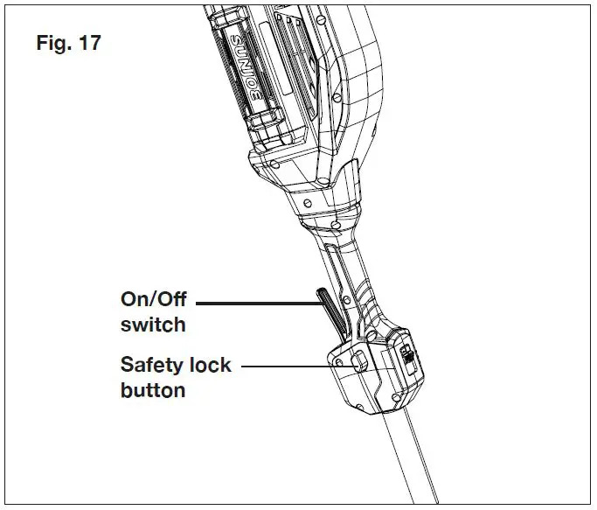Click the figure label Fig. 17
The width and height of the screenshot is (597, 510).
click(69, 42)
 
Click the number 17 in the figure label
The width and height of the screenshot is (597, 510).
click(88, 42)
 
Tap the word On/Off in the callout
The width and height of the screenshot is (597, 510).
click(154, 299)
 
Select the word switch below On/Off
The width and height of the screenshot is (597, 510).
click(153, 325)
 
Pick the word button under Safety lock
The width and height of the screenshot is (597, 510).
click(153, 390)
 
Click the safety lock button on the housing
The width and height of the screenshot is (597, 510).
click(358, 360)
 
